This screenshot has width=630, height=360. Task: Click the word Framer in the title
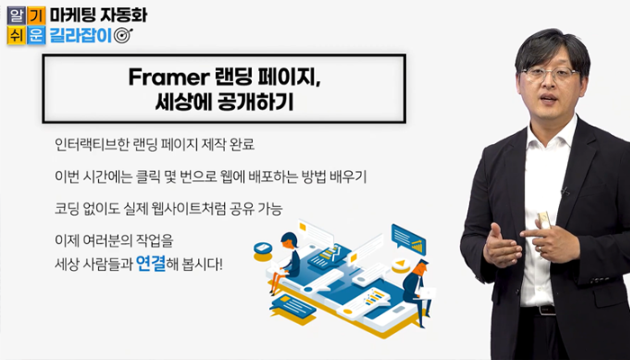pyautogui.click(x=166, y=77)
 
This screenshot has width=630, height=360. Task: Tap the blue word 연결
pyautogui.click(x=150, y=264)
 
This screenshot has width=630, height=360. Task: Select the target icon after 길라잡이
pyautogui.click(x=123, y=36)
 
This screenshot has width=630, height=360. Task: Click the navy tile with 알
pyautogui.click(x=16, y=15)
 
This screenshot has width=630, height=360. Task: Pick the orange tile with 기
pyautogui.click(x=36, y=15)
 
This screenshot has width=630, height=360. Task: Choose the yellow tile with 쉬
pyautogui.click(x=16, y=35)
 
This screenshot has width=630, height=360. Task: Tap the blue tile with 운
pyautogui.click(x=36, y=35)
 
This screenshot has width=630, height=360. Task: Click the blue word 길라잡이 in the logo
pyautogui.click(x=80, y=35)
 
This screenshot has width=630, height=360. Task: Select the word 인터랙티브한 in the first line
pyautogui.click(x=92, y=145)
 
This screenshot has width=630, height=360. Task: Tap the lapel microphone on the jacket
pyautogui.click(x=566, y=191)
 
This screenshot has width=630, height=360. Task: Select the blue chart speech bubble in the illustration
pyautogui.click(x=409, y=239)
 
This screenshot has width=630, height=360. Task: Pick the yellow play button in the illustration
pyautogui.click(x=400, y=265)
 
